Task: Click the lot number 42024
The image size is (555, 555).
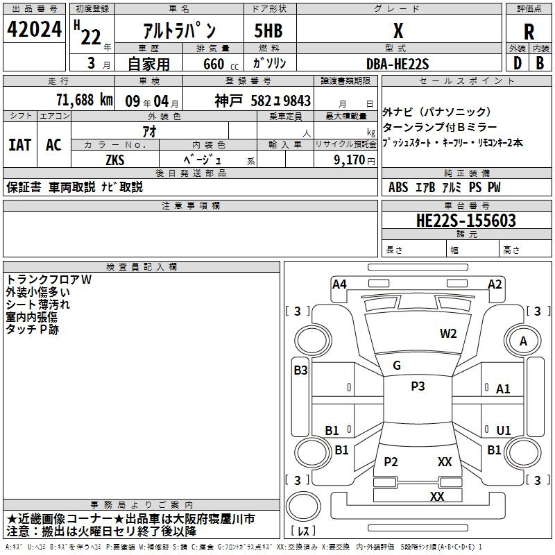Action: (34, 29)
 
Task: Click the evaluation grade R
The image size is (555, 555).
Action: (529, 32)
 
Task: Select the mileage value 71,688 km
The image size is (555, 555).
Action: (85, 100)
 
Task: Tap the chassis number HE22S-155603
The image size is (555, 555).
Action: (466, 221)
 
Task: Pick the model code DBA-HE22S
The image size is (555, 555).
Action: (398, 64)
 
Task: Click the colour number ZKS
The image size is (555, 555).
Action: (115, 160)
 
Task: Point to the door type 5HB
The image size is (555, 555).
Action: (268, 31)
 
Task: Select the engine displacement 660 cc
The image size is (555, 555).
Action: (221, 65)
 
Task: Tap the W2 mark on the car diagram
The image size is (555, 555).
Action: (448, 334)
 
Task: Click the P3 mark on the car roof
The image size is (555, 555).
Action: (418, 386)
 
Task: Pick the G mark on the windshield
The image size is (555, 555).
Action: (397, 366)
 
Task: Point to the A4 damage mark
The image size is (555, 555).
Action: (339, 284)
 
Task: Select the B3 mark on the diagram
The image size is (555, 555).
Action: (300, 370)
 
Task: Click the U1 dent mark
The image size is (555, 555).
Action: (504, 430)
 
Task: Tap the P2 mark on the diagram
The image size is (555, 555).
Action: (391, 461)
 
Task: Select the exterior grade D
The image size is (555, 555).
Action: (518, 63)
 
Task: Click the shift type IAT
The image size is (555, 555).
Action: (20, 145)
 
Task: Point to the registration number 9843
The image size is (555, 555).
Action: (297, 101)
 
